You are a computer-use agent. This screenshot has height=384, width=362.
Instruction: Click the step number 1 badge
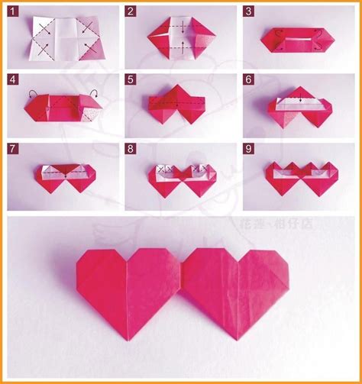click(x=13, y=11)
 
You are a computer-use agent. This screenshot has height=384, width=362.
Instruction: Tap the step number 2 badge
click(x=131, y=11)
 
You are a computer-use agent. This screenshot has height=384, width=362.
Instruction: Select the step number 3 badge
click(x=250, y=11)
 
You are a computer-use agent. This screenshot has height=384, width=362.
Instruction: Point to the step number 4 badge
click(x=13, y=79)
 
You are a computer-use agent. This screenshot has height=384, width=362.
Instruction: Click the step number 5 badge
click(x=131, y=79)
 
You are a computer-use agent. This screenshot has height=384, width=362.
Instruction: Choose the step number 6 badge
click(x=250, y=79)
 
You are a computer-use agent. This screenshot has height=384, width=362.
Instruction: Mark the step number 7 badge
click(x=13, y=147)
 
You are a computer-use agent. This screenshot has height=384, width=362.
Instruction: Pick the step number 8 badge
click(x=131, y=147)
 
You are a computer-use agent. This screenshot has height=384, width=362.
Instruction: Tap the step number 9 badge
click(x=250, y=147)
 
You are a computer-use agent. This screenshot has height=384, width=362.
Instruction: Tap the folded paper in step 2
click(x=180, y=36)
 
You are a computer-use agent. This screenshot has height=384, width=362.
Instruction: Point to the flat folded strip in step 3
click(x=298, y=39)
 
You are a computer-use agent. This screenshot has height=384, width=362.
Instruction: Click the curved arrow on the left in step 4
click(x=32, y=95)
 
